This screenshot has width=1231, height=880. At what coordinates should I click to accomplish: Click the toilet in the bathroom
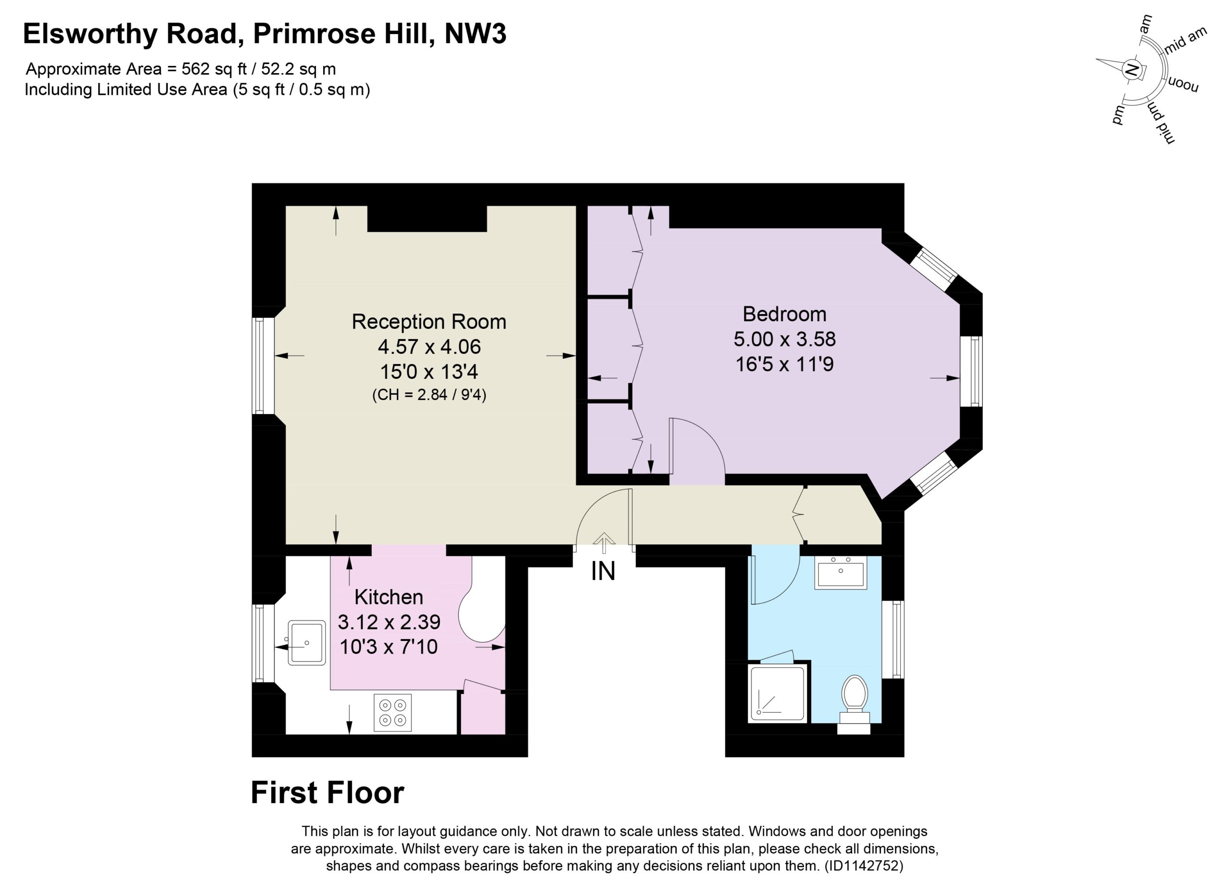854,699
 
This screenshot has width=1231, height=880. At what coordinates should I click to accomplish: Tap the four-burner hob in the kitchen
393,712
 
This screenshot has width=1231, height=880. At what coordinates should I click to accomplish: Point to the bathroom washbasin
841,572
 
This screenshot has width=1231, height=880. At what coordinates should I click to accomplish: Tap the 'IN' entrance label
603,571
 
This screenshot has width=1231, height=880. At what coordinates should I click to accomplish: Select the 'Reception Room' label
429,322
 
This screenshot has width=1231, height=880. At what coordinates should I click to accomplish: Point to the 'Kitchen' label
389,597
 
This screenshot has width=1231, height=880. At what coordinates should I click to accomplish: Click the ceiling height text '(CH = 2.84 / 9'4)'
429,394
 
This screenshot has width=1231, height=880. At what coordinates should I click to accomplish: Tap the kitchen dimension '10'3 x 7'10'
389,647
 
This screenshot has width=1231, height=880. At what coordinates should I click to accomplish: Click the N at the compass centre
1131,69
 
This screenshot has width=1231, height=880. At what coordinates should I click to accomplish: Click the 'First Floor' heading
327,793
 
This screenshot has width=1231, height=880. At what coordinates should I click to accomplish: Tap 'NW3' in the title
475,34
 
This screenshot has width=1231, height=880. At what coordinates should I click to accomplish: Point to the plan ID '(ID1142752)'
864,866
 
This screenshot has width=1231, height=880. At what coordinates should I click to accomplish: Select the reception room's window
258,366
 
